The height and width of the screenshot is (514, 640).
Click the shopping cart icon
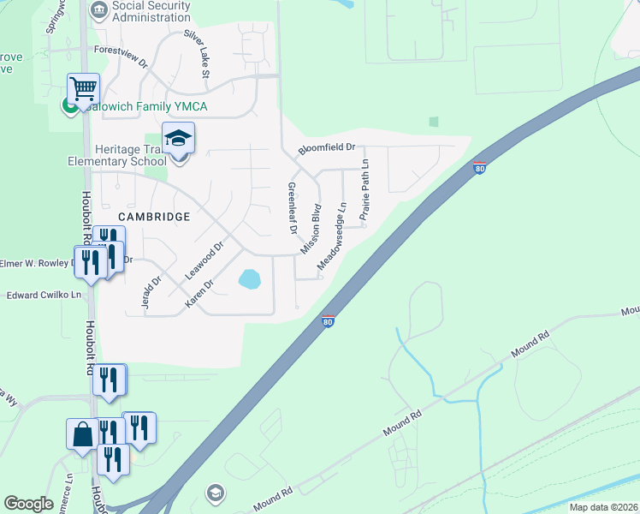[x=84, y=88]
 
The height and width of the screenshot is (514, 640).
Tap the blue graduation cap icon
[x=179, y=137]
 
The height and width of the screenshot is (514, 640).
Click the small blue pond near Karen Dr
[x=249, y=279]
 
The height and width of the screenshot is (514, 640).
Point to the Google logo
[x=28, y=504]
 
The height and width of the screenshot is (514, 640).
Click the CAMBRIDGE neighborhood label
[x=153, y=217]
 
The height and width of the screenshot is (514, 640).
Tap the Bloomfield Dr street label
[x=326, y=149]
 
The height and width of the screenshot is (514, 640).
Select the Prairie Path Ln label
[x=364, y=190]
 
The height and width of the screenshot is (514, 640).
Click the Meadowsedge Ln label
[x=332, y=237]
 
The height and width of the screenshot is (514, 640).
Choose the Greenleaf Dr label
[x=292, y=208]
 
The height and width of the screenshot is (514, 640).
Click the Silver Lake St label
[x=196, y=54]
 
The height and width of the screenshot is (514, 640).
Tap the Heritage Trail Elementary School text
[x=118, y=155]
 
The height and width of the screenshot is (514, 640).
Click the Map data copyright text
[x=603, y=507]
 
